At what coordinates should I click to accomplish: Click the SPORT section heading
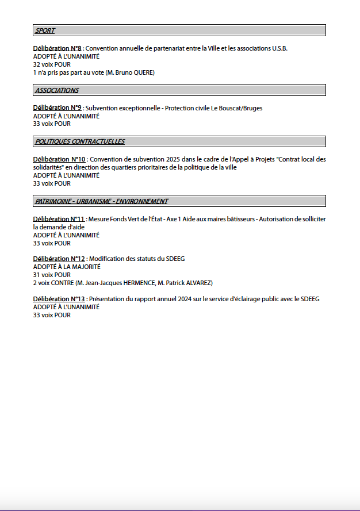(x=45, y=30)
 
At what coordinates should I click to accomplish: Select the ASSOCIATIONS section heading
(x=57, y=90)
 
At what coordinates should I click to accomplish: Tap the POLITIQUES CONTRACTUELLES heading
(x=80, y=141)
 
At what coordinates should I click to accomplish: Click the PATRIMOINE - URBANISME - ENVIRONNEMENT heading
(x=101, y=201)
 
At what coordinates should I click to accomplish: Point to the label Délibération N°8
(x=57, y=48)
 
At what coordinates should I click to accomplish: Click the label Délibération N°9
(x=57, y=108)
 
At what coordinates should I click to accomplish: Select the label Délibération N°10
(x=59, y=159)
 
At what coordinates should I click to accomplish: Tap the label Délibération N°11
(x=59, y=219)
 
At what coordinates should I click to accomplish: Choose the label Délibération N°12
(x=59, y=259)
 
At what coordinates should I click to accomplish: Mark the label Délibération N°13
(x=59, y=299)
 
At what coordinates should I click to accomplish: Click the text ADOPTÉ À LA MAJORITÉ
(x=67, y=267)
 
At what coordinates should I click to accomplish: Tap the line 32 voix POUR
(x=52, y=64)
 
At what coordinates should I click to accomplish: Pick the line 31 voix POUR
(x=52, y=275)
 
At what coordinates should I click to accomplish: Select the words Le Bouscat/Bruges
(x=238, y=108)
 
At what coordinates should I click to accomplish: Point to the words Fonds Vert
(x=128, y=219)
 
